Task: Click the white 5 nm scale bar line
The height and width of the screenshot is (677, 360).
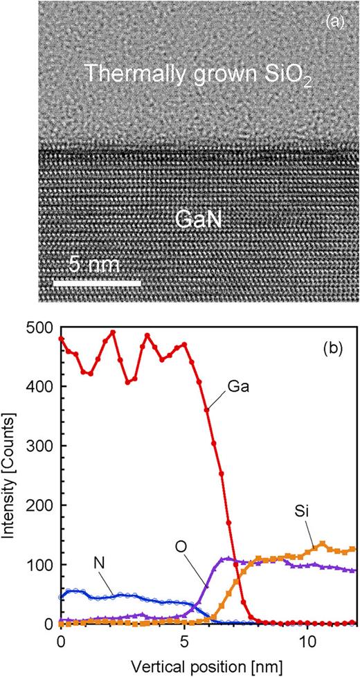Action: pyautogui.click(x=97, y=283)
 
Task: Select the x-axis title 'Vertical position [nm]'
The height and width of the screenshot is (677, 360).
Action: pyautogui.click(x=208, y=662)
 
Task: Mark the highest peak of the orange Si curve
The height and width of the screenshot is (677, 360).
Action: pyautogui.click(x=322, y=544)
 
